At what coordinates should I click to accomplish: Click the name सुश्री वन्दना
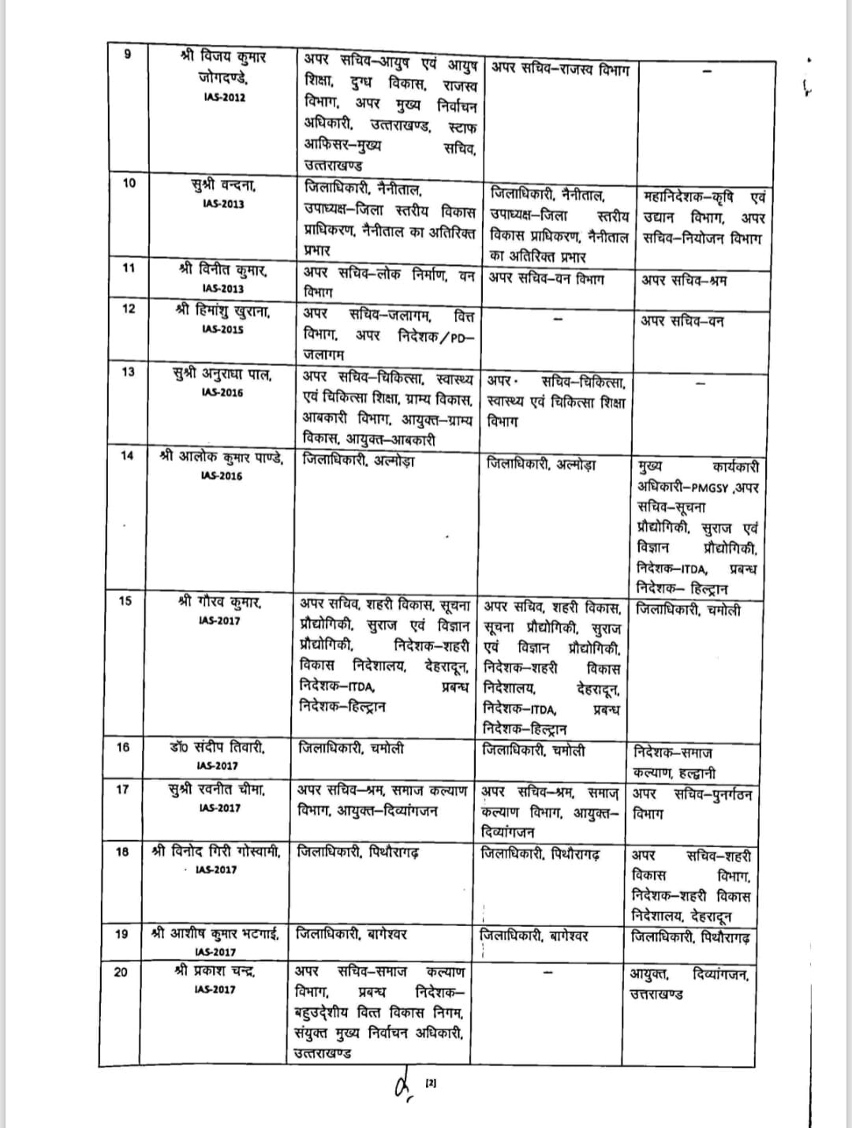(223, 185)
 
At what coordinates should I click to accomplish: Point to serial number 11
(129, 267)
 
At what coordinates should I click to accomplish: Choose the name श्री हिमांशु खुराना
(222, 311)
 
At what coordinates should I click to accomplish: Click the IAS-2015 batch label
(222, 330)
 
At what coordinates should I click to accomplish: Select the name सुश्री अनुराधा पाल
(222, 373)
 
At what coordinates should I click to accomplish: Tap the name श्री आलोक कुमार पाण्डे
(222, 457)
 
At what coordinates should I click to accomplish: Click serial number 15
(125, 601)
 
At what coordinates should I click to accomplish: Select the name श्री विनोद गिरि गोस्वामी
(216, 851)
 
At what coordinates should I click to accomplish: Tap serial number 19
(121, 934)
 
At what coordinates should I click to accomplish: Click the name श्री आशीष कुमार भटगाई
(215, 934)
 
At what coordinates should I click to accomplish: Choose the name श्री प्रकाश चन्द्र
(215, 971)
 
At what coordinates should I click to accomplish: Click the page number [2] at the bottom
(431, 1084)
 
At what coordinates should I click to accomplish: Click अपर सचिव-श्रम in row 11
(683, 281)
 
